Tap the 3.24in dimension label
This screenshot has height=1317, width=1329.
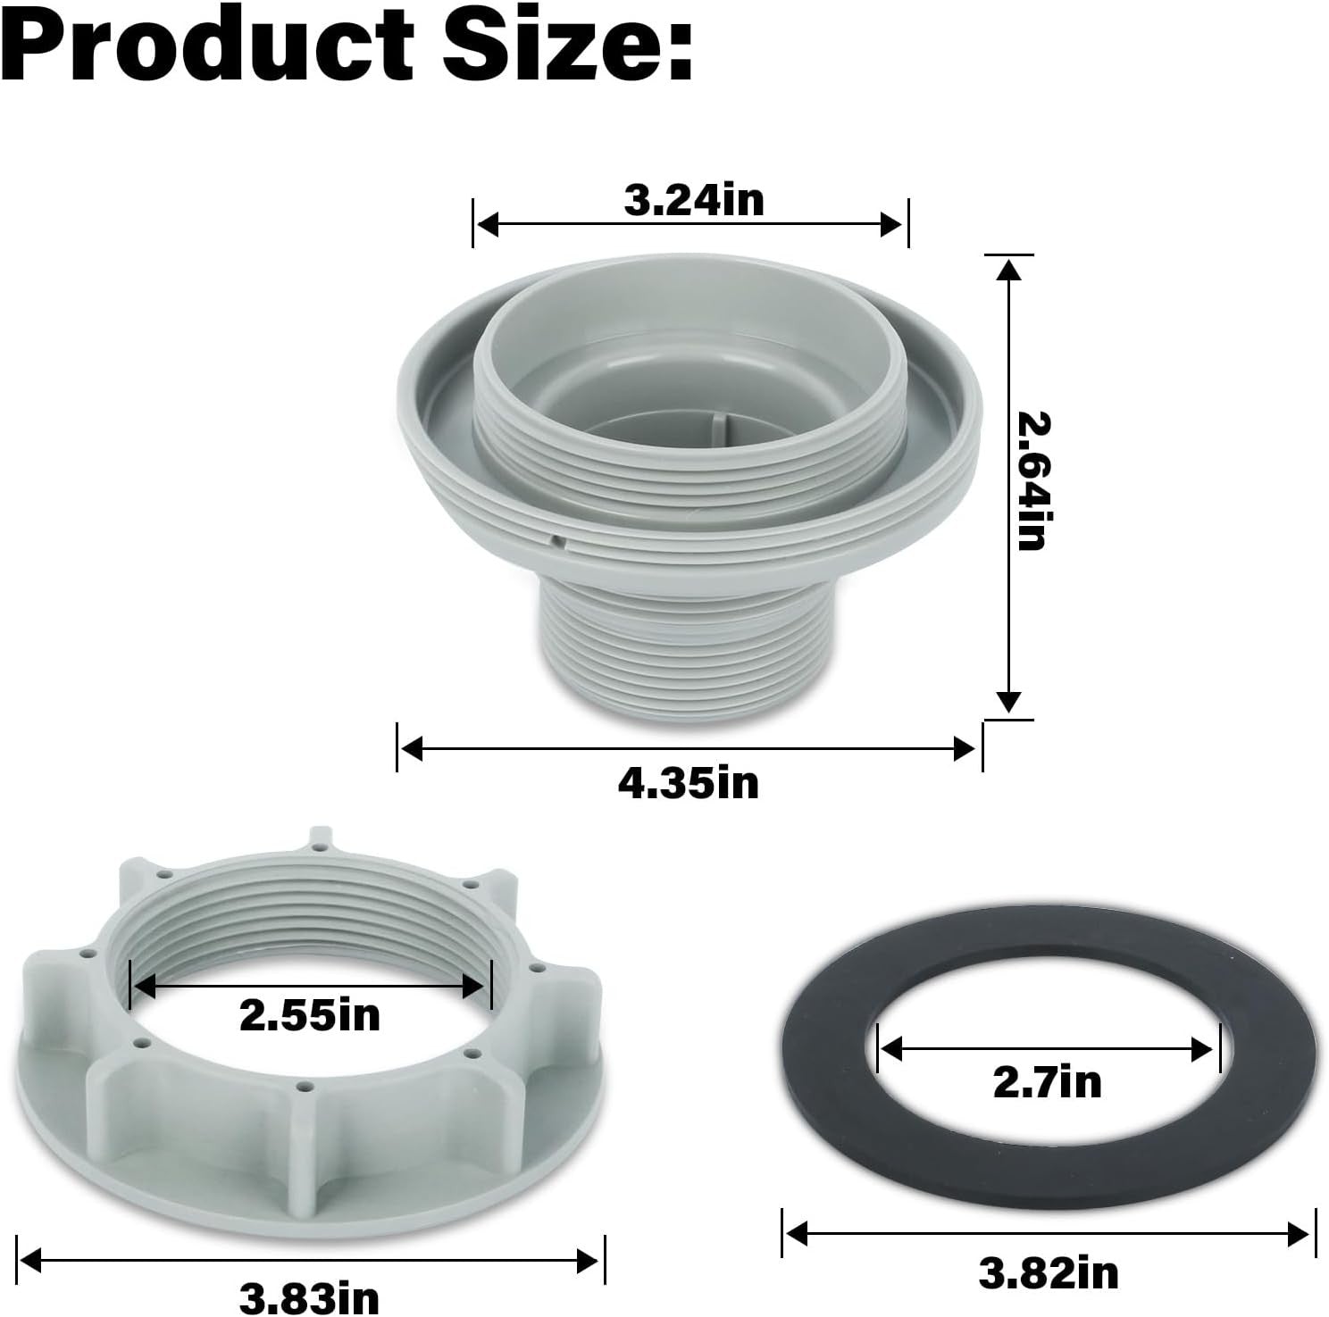[694, 201]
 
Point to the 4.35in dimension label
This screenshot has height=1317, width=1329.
[689, 783]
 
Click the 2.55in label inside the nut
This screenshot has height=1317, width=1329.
[310, 1015]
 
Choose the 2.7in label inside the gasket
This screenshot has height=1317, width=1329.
[1048, 1082]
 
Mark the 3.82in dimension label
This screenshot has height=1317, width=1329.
[1049, 1271]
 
